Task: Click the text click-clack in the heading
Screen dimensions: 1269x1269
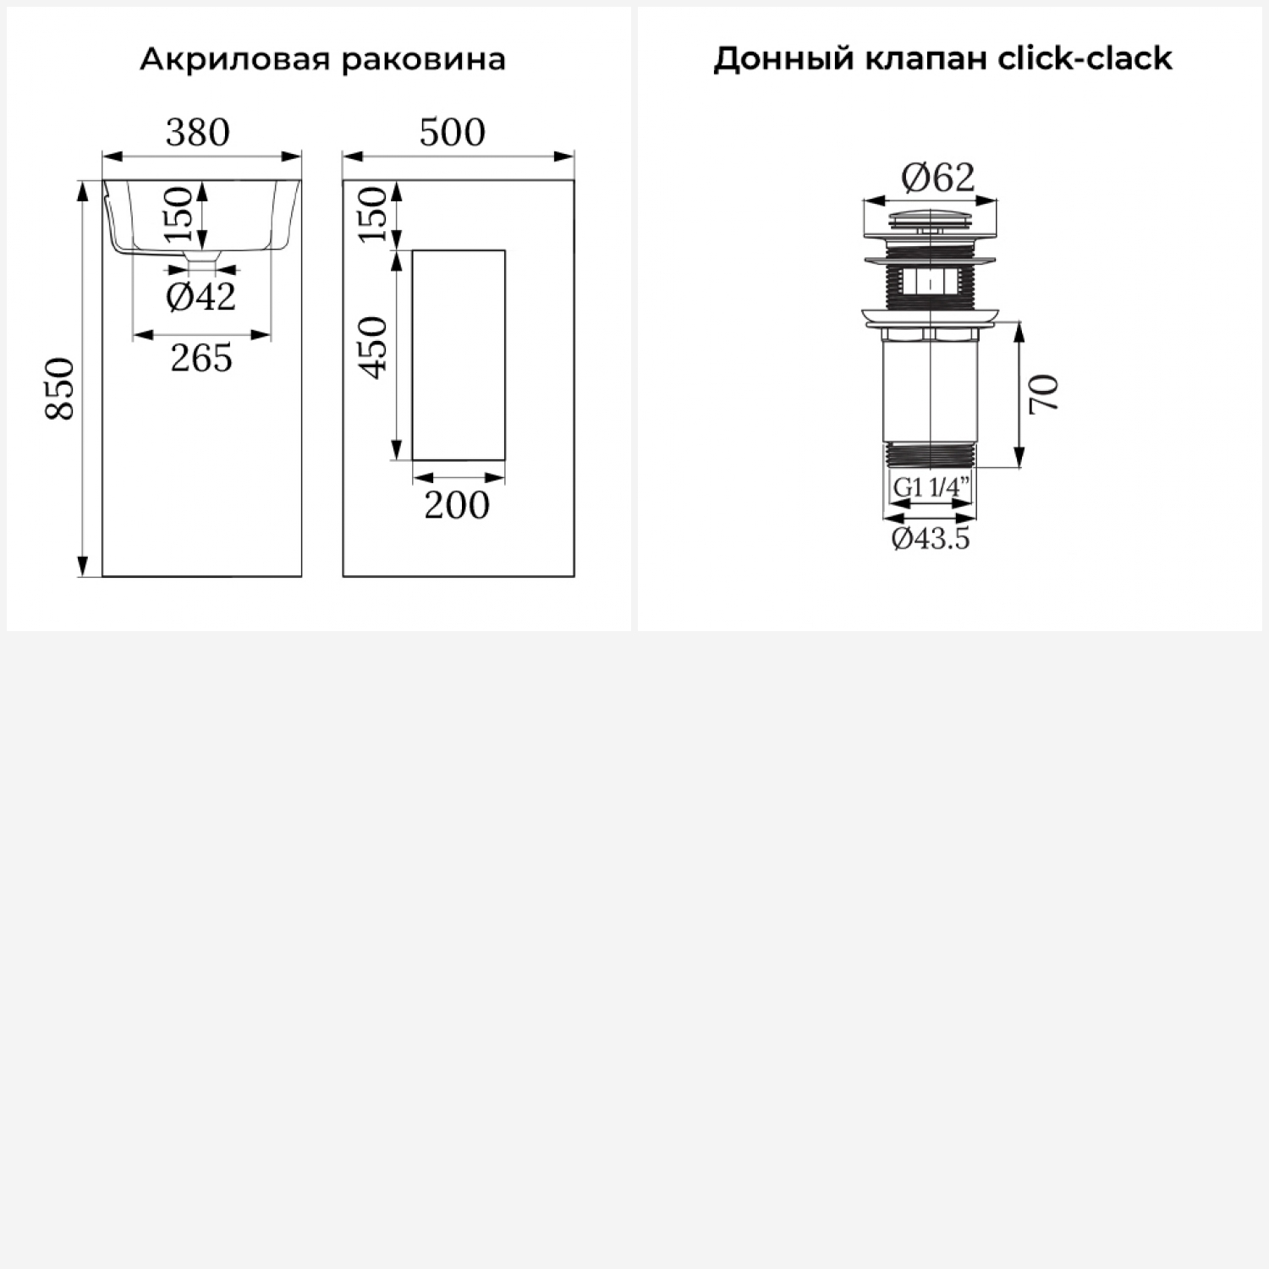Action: point(1085,58)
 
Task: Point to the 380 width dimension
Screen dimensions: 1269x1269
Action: point(198,132)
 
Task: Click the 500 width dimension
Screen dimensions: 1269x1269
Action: point(453,132)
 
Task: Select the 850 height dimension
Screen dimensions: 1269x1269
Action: point(61,388)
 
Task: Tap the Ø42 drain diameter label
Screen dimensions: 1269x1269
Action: point(201,297)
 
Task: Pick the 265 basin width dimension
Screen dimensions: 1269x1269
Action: point(201,359)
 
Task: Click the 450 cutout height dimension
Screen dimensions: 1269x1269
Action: point(372,348)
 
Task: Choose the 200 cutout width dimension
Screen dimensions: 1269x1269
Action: point(457,505)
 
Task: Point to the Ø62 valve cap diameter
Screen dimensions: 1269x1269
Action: point(938,177)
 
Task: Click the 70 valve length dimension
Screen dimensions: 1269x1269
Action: point(1045,394)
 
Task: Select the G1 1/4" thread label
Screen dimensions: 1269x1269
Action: point(931,487)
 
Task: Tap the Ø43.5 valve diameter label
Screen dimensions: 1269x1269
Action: point(931,538)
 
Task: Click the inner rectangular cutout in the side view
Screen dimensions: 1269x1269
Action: point(459,355)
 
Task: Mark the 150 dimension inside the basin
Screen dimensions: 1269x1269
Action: point(179,214)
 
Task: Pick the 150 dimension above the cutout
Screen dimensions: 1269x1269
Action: point(372,214)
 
